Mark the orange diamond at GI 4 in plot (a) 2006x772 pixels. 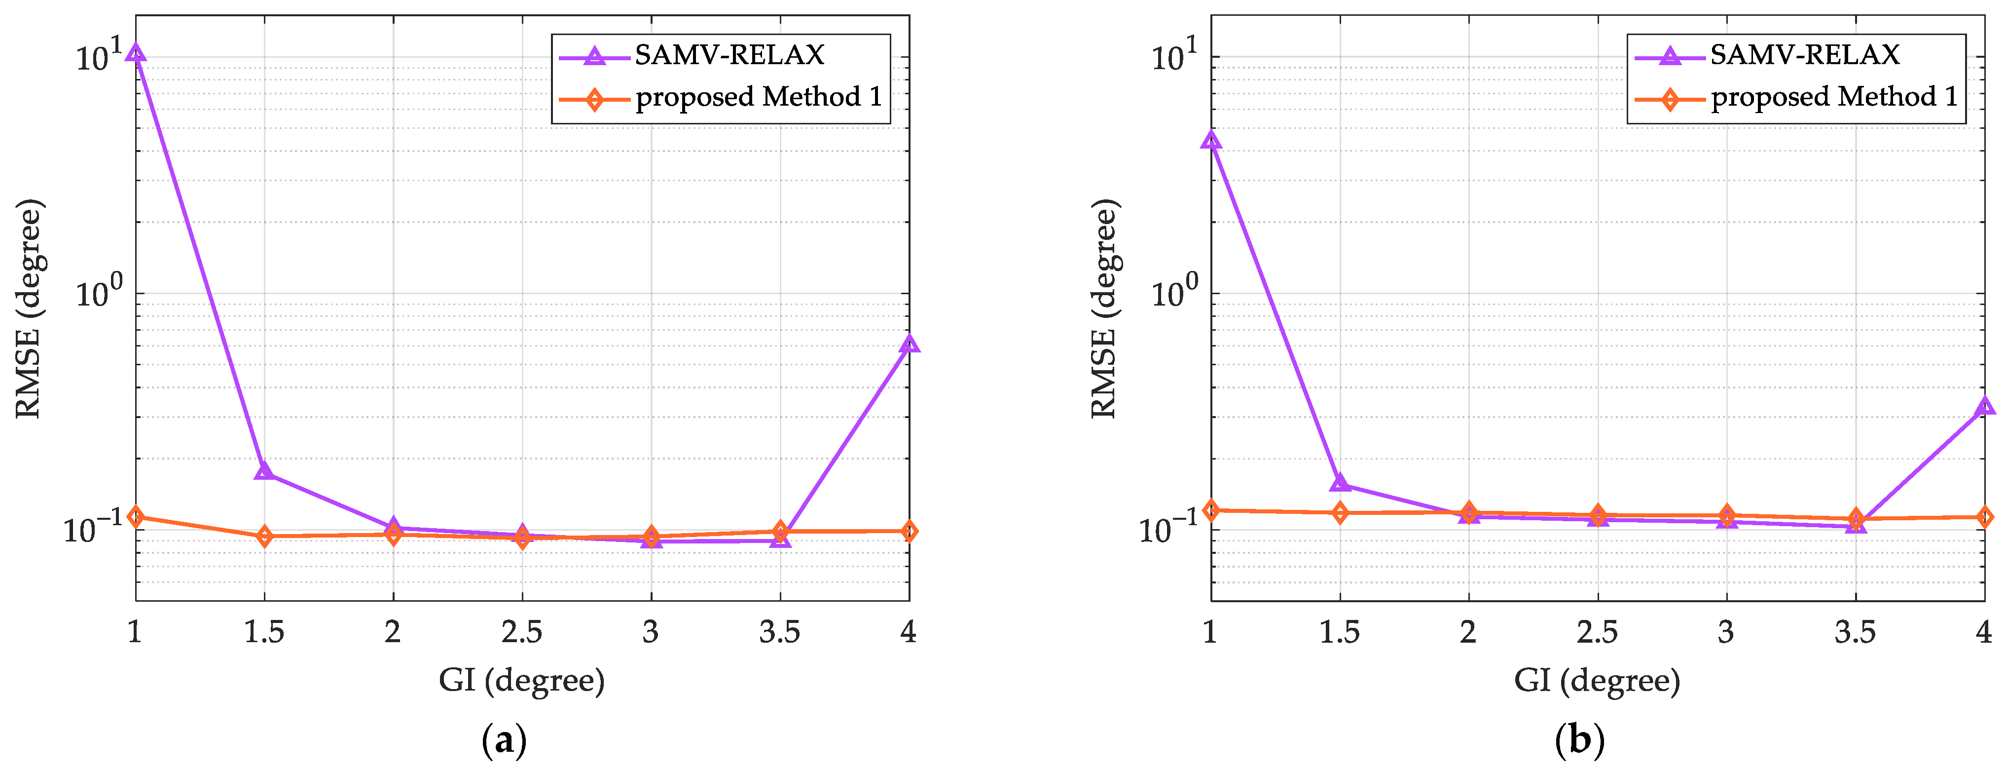(909, 531)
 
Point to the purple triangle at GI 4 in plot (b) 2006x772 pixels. (1984, 406)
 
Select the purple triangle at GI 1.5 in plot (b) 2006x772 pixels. (1340, 483)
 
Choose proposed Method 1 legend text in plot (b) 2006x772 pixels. (1834, 97)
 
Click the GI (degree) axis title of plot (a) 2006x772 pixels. (522, 681)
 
